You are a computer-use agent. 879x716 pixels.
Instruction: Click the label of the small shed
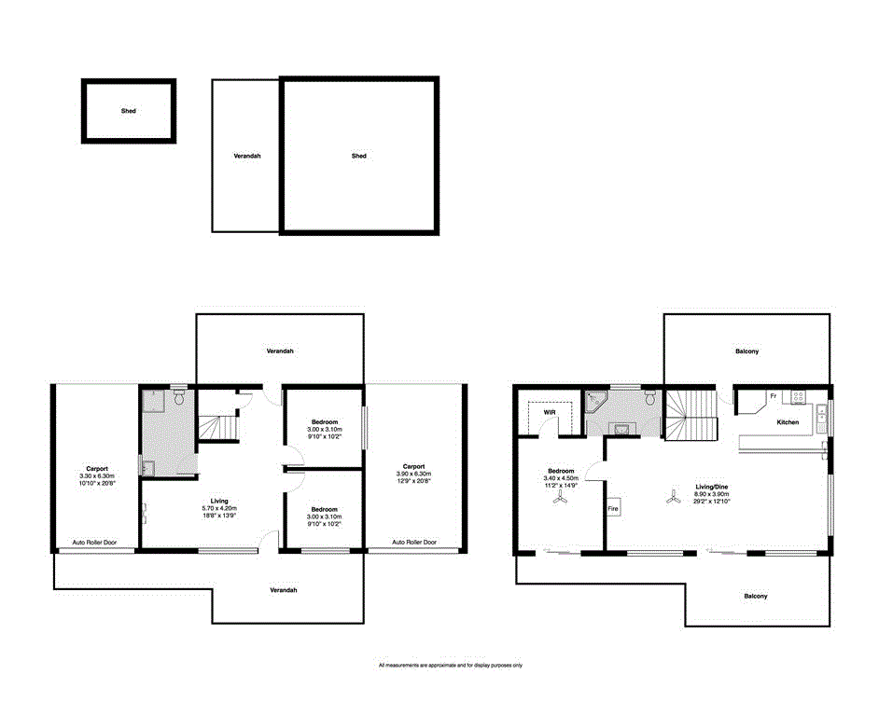point(128,111)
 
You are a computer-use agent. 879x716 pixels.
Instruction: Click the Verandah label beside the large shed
point(247,156)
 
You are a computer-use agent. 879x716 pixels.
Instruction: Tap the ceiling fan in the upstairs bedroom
point(560,500)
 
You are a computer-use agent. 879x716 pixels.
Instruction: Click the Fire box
point(613,510)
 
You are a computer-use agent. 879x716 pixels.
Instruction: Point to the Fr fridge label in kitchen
point(773,396)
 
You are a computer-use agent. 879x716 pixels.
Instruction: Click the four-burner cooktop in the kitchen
point(799,396)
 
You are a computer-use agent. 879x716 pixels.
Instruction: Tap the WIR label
point(537,411)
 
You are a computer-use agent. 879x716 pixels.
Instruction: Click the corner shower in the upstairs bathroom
point(594,402)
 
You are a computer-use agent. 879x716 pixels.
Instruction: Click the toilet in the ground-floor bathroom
point(179,398)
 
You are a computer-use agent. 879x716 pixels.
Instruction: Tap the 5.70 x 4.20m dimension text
point(218,508)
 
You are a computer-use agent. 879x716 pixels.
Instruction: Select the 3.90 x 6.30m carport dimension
point(413,474)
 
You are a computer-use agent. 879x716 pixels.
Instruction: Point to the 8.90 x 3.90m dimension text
point(712,494)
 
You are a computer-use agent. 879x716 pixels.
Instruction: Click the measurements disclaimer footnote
point(450,666)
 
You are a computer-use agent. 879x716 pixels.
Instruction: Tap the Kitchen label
point(788,422)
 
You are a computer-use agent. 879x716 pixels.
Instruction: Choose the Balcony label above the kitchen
point(746,351)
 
